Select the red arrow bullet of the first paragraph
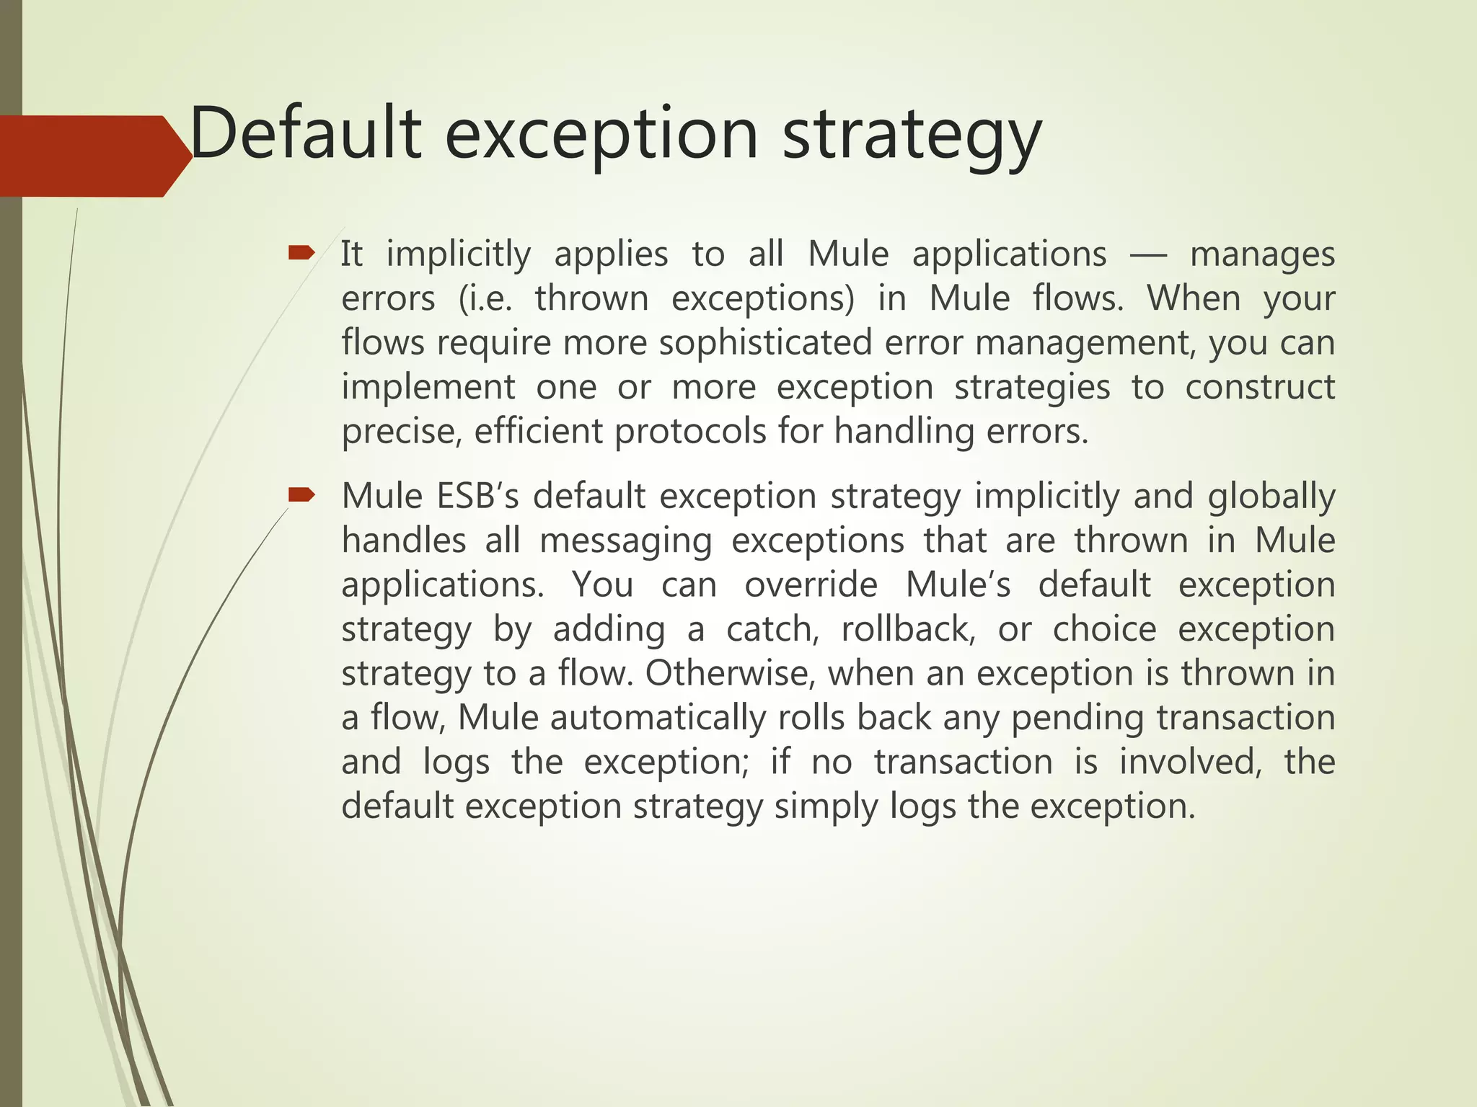click(301, 252)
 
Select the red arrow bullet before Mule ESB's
click(301, 494)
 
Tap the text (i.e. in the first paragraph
click(485, 298)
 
